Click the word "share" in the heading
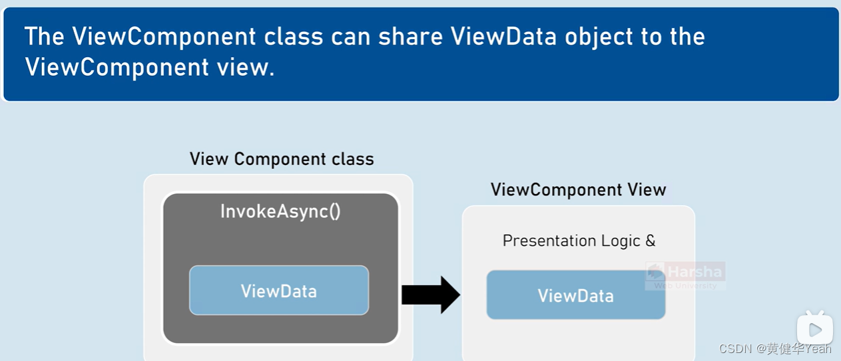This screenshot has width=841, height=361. click(x=410, y=37)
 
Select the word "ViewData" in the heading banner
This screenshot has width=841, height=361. click(x=503, y=37)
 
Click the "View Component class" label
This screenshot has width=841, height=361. click(x=282, y=160)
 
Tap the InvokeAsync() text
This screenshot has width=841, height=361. click(x=280, y=212)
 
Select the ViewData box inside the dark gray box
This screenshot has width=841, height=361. click(x=279, y=291)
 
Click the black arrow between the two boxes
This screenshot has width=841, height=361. click(x=430, y=295)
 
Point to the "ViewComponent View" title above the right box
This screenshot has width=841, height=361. click(x=578, y=190)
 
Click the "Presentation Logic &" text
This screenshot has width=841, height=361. click(x=579, y=241)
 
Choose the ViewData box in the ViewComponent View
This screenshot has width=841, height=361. click(x=575, y=295)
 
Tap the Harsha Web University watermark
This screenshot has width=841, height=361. click(x=685, y=276)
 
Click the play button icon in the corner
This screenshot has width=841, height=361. click(x=815, y=329)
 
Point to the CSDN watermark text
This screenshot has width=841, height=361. click(x=774, y=349)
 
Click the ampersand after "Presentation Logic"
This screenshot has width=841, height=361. click(x=651, y=241)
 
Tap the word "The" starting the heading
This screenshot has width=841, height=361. click(x=45, y=37)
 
